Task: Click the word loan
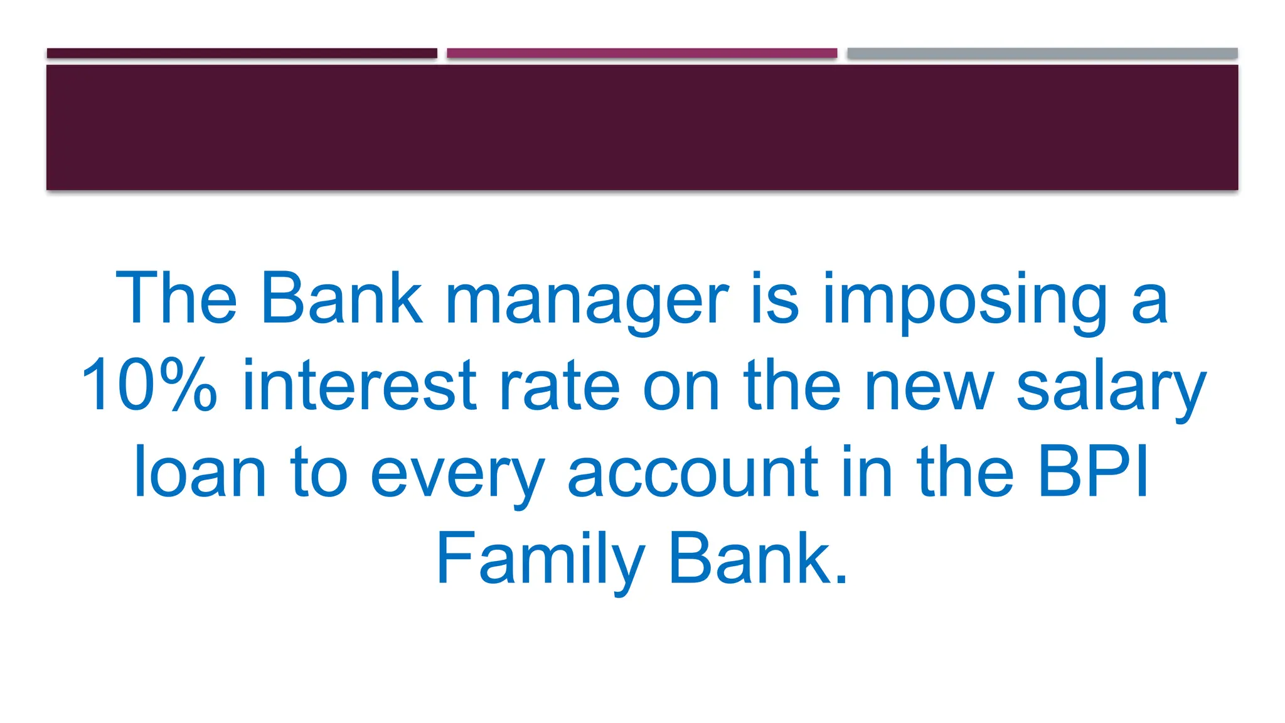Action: click(200, 472)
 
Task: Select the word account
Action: click(693, 472)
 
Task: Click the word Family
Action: click(540, 559)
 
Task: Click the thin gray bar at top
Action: click(1042, 53)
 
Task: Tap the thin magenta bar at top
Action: click(642, 53)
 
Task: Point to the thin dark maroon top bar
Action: click(242, 53)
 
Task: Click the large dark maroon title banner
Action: click(642, 127)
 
